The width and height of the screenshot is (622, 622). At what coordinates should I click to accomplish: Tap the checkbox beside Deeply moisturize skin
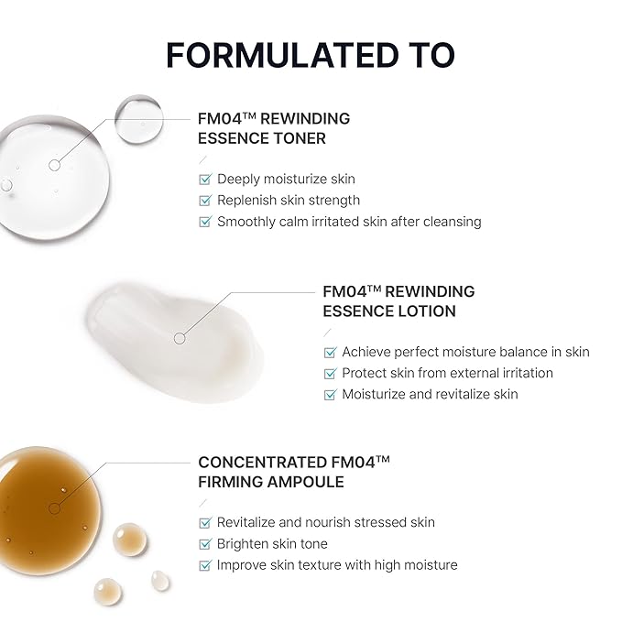pyautogui.click(x=205, y=179)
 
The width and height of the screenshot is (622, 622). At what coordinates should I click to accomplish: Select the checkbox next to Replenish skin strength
pyautogui.click(x=205, y=200)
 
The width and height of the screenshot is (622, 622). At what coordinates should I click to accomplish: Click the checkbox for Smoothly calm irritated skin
pyautogui.click(x=205, y=221)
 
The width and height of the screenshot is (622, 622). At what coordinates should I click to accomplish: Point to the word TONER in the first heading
pyautogui.click(x=303, y=138)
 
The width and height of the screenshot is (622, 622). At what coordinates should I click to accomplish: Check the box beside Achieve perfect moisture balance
pyautogui.click(x=330, y=352)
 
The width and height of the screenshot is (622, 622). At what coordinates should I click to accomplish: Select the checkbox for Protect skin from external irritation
pyautogui.click(x=330, y=373)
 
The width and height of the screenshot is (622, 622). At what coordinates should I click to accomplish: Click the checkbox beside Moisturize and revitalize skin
pyautogui.click(x=330, y=394)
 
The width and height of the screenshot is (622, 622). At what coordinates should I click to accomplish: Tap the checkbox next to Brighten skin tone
pyautogui.click(x=205, y=544)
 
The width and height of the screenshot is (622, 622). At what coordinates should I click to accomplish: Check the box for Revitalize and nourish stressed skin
pyautogui.click(x=205, y=522)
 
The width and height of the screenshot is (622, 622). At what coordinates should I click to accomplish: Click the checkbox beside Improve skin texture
pyautogui.click(x=205, y=565)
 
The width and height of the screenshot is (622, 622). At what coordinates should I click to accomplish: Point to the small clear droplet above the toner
pyautogui.click(x=139, y=117)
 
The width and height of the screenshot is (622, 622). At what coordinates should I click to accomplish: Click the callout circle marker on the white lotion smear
pyautogui.click(x=180, y=338)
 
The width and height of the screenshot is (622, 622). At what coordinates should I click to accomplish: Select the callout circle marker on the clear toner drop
pyautogui.click(x=54, y=165)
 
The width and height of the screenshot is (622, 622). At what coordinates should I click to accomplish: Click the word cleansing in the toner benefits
pyautogui.click(x=449, y=221)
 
